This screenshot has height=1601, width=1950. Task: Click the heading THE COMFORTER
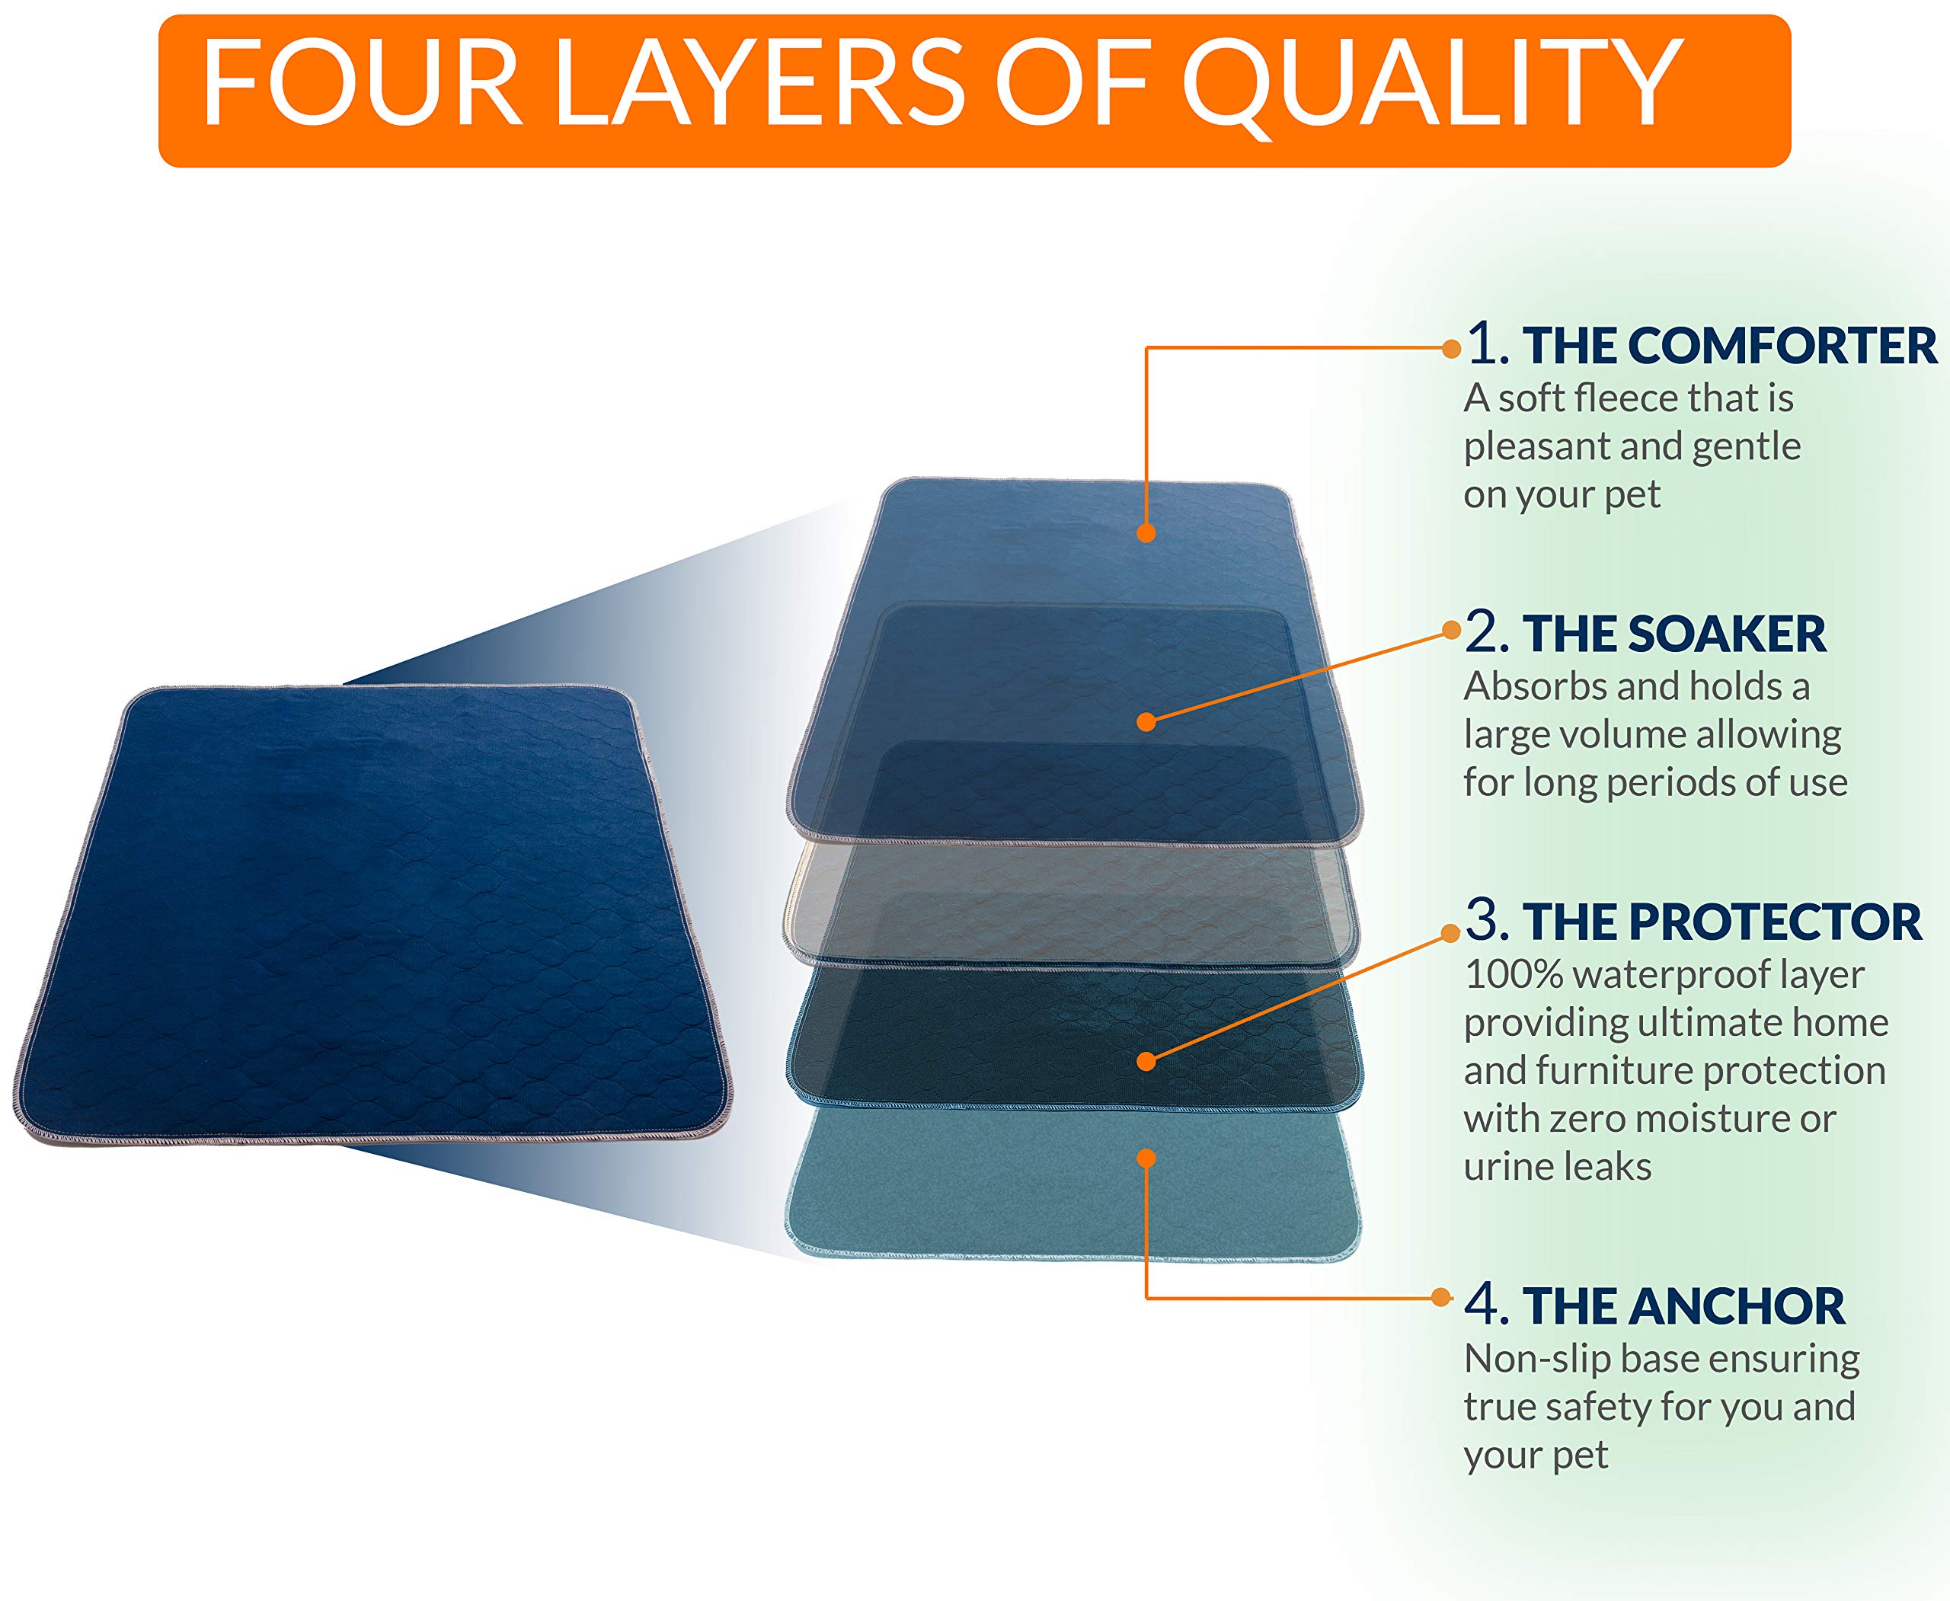(x=1730, y=346)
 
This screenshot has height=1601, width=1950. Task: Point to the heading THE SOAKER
(x=1674, y=634)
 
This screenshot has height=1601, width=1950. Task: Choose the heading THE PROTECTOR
(x=1722, y=922)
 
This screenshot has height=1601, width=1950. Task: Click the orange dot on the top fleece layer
(x=1146, y=533)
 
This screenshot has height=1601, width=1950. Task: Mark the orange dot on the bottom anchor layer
(x=1146, y=1158)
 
